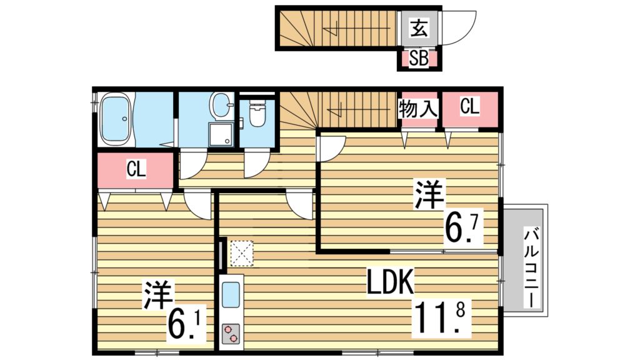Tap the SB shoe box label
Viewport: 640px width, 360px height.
[x=418, y=59]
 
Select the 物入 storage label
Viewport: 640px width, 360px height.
[x=417, y=109]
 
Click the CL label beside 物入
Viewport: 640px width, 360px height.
[x=469, y=107]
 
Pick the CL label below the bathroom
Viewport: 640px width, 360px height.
[x=136, y=169]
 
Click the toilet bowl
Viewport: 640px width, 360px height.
[x=256, y=114]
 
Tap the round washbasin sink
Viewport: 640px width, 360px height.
[x=221, y=105]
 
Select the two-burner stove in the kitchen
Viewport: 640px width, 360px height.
[x=231, y=332]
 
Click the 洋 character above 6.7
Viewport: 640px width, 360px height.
[x=429, y=195]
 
